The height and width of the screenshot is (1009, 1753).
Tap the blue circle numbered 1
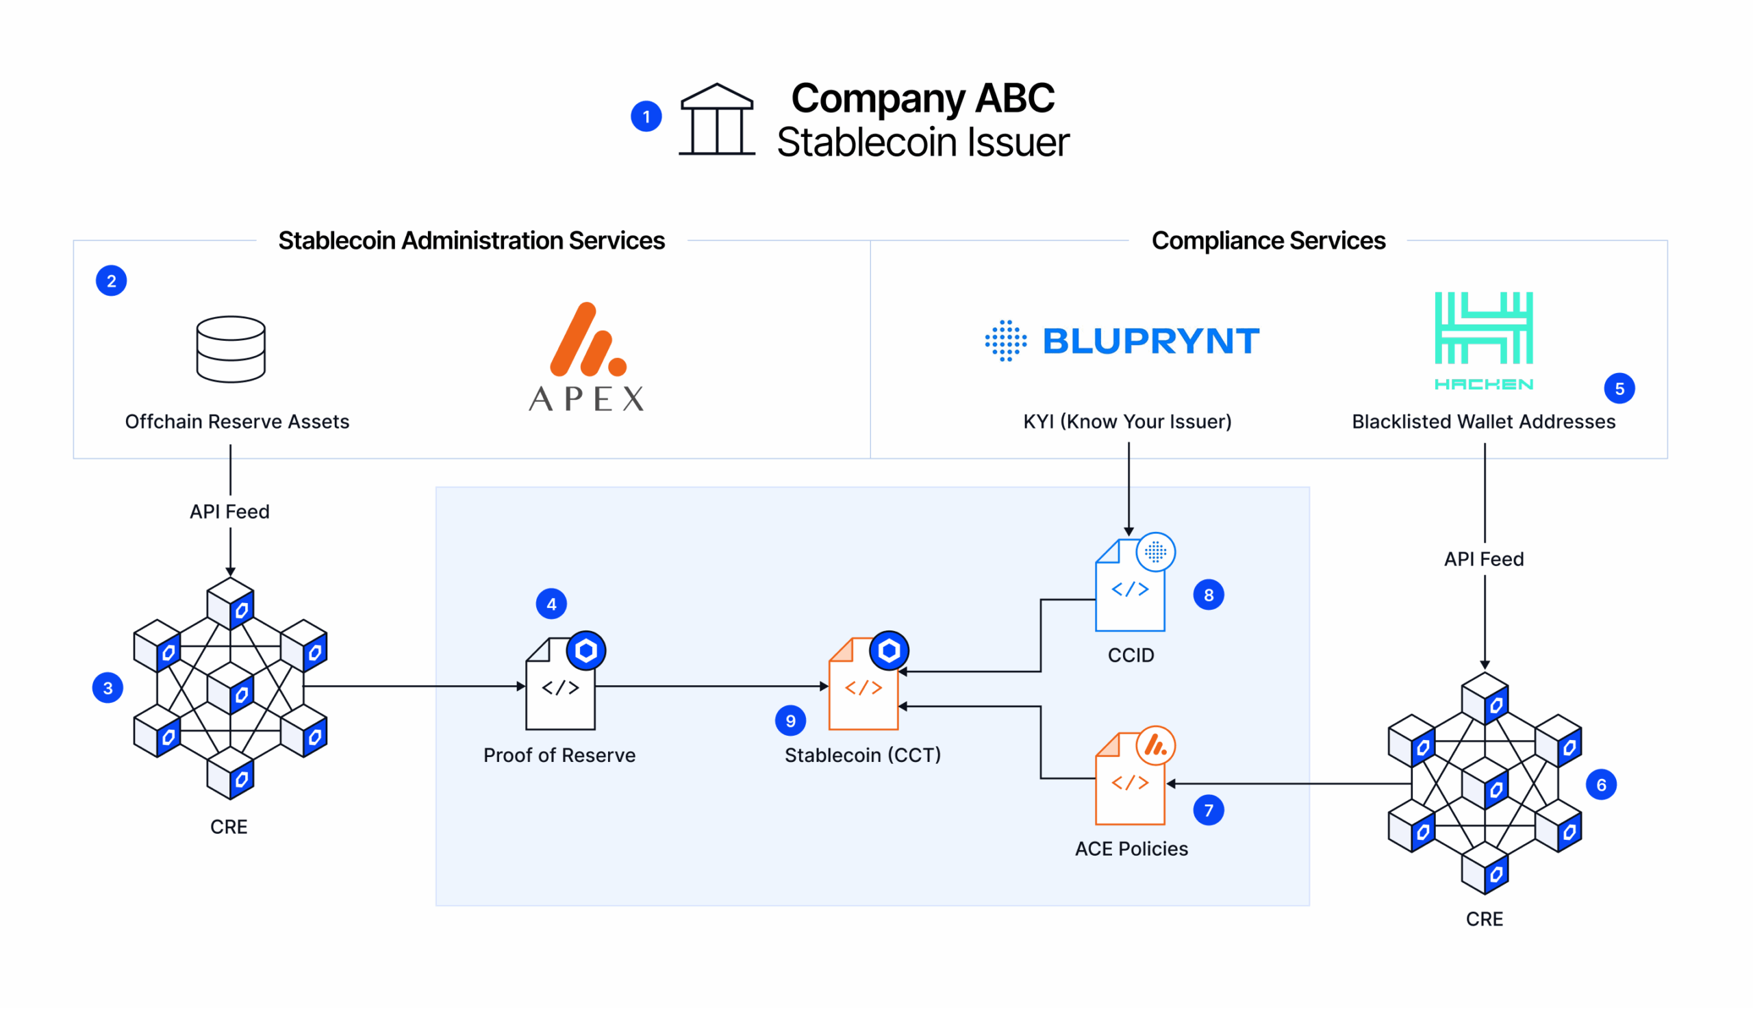pos(645,116)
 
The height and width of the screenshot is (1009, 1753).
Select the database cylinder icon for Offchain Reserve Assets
pos(230,348)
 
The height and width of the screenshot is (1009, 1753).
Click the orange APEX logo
pos(586,357)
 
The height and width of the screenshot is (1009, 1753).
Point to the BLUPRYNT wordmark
pos(1150,341)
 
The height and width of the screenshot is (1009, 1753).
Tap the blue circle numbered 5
pos(1619,388)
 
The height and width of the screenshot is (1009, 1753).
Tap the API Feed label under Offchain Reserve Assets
pos(229,511)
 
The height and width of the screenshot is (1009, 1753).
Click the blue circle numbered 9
pos(790,721)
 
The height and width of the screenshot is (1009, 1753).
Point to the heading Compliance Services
pos(1268,240)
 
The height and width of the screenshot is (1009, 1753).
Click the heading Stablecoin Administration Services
pos(471,240)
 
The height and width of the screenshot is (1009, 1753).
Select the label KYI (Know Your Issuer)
pos(1127,422)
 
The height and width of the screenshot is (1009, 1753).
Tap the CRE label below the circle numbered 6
pos(1483,918)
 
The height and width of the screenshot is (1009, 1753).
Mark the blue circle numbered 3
pos(108,687)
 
